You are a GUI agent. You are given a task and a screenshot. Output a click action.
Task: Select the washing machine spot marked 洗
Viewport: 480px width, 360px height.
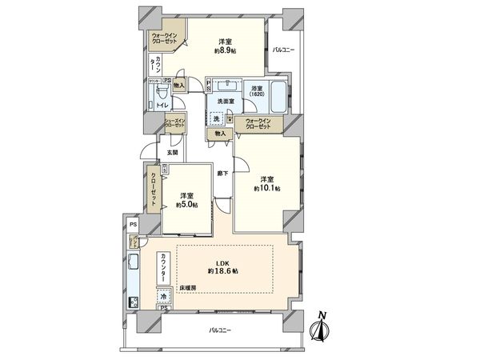216,118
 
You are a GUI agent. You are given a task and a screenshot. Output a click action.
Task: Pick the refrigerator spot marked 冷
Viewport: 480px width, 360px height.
162,295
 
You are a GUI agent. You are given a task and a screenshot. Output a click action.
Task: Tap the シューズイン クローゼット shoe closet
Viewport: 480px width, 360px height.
175,122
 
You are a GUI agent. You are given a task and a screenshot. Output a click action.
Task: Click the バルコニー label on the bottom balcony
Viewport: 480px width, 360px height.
221,330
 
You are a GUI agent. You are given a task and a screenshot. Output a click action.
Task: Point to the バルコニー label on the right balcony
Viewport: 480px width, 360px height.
283,50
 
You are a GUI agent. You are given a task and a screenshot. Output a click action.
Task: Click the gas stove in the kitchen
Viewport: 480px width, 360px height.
133,302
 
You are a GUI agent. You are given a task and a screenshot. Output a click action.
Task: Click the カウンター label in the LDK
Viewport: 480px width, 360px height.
163,264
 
